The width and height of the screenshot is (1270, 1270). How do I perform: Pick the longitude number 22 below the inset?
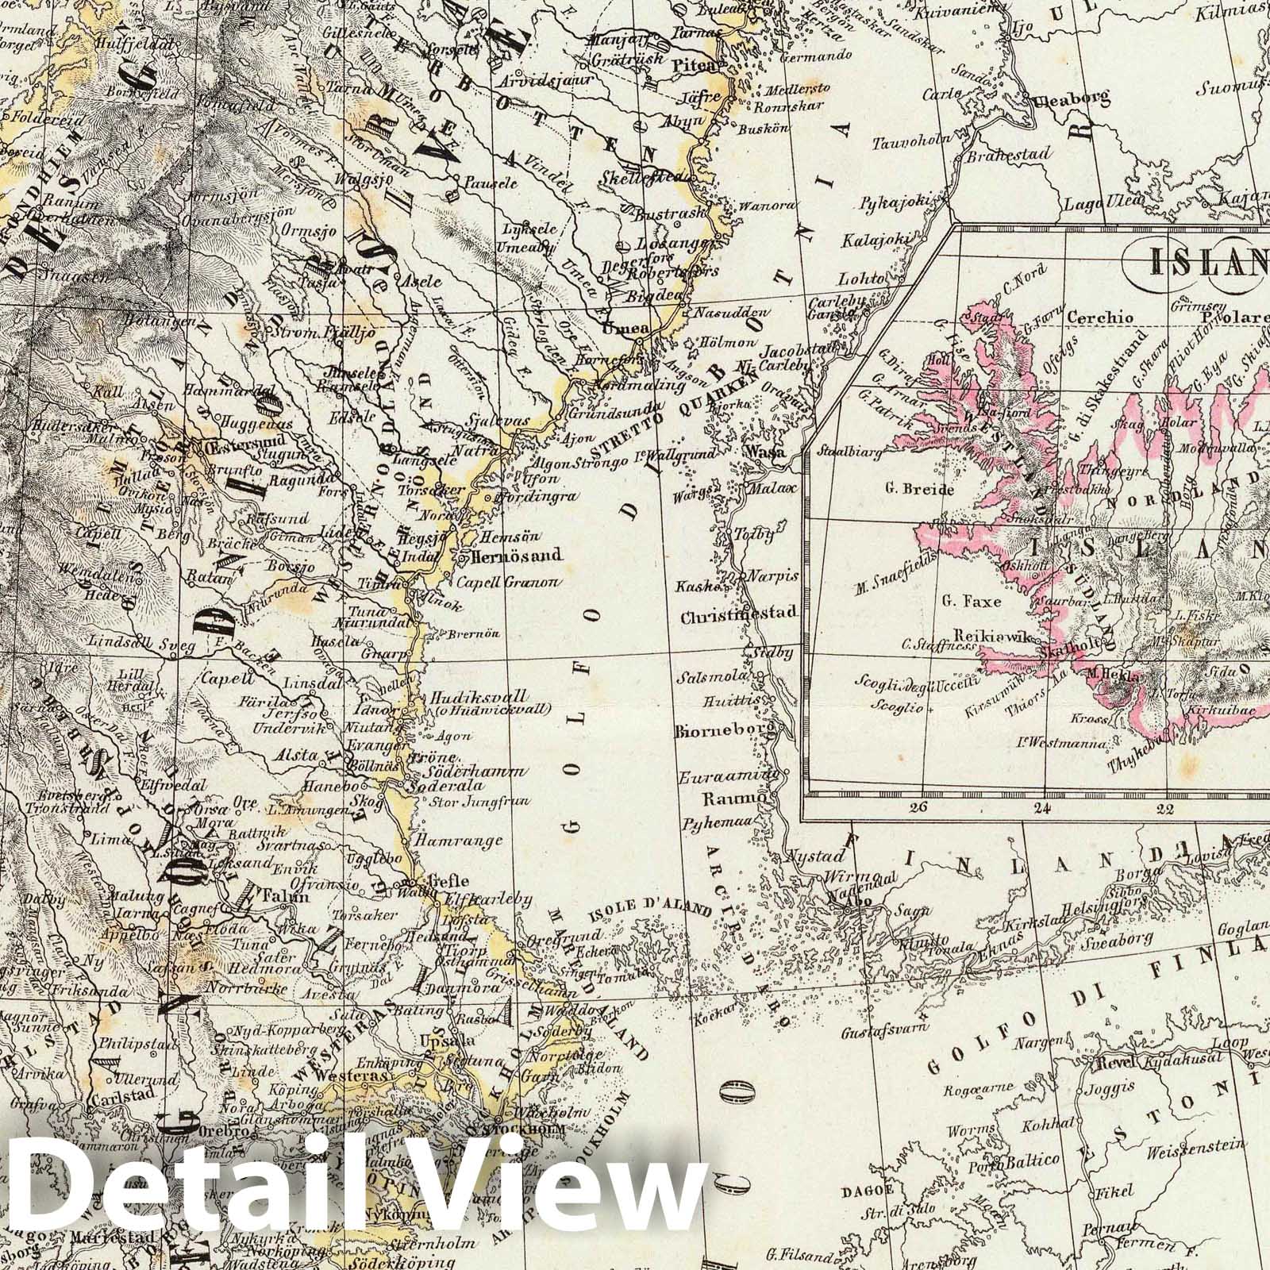click(1165, 809)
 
